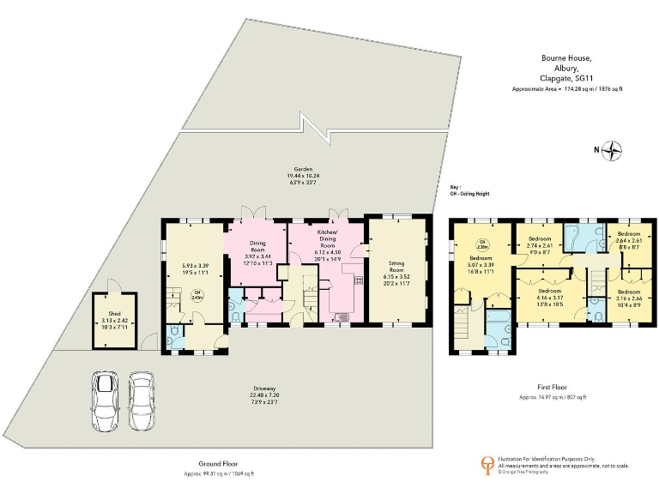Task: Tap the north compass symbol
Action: pyautogui.click(x=614, y=151)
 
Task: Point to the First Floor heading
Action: pyautogui.click(x=553, y=387)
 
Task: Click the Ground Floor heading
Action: pyautogui.click(x=219, y=464)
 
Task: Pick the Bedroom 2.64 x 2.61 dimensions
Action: pyautogui.click(x=629, y=241)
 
